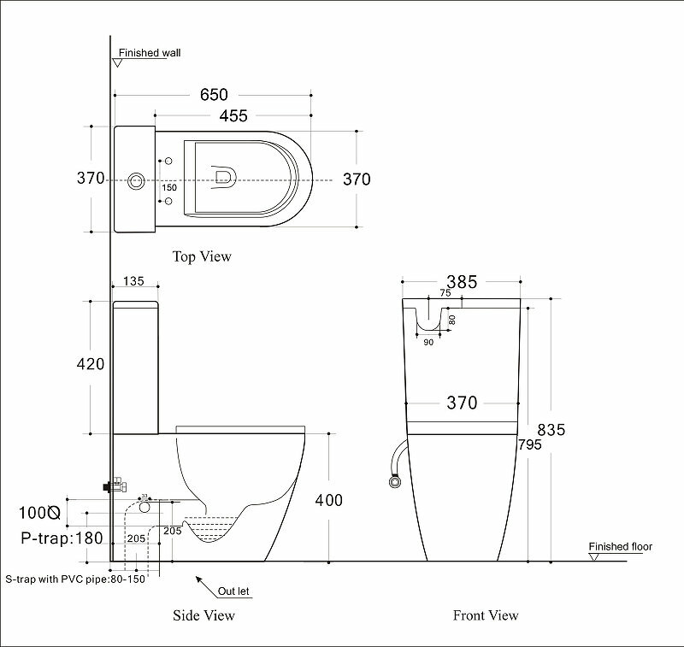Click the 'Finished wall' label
point(150,53)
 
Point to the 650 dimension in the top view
point(215,95)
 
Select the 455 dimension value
point(233,115)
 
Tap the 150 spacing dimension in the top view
point(169,188)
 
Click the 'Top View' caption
point(202,256)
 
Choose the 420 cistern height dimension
point(90,364)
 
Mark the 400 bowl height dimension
point(329,500)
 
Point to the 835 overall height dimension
point(551,430)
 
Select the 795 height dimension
point(529,444)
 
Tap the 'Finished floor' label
point(621,546)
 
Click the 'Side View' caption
point(203,615)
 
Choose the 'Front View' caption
point(486,615)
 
